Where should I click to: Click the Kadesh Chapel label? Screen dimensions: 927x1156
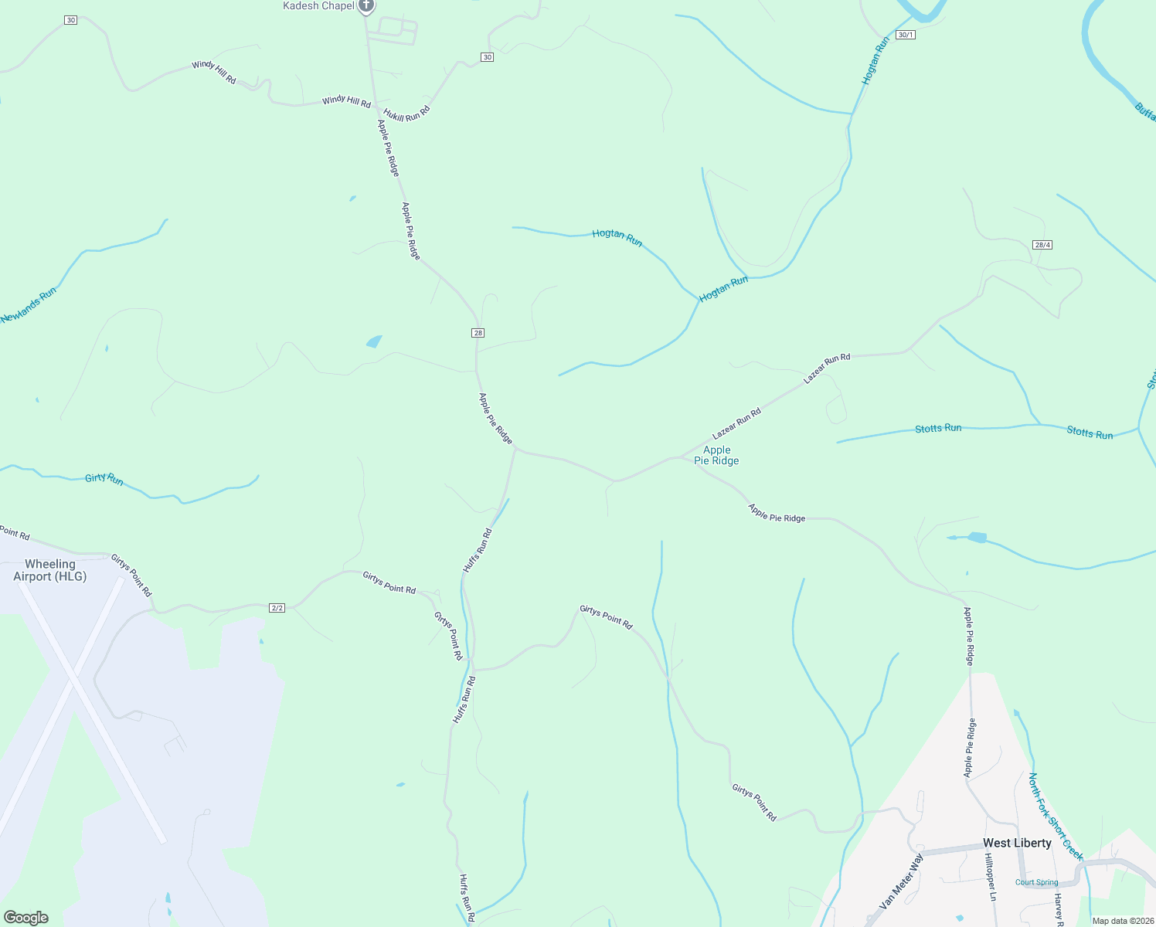(x=318, y=6)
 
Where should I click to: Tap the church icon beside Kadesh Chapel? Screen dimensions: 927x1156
(x=366, y=6)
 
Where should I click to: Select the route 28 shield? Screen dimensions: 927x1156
(x=478, y=333)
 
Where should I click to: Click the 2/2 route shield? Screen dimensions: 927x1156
(x=277, y=608)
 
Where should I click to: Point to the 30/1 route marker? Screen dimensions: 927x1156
(x=906, y=35)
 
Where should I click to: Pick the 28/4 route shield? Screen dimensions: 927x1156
(x=1042, y=245)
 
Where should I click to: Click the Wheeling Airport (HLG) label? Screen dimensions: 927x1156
(x=50, y=570)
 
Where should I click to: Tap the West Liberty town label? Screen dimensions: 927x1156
(x=1016, y=843)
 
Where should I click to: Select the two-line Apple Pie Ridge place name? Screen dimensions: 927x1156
(x=716, y=455)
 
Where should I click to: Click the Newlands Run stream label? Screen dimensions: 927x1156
(x=29, y=305)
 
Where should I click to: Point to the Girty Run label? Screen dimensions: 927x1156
(x=104, y=479)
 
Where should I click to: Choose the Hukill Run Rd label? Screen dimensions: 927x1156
(x=406, y=114)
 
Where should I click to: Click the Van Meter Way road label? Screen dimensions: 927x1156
(x=901, y=881)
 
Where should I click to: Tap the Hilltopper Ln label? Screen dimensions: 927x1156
(x=991, y=877)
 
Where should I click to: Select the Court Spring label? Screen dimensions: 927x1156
(x=1036, y=882)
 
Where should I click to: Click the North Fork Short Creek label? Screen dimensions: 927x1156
(x=1056, y=817)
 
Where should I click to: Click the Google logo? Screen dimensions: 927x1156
(x=26, y=918)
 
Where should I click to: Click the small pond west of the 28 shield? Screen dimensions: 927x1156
(x=375, y=341)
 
